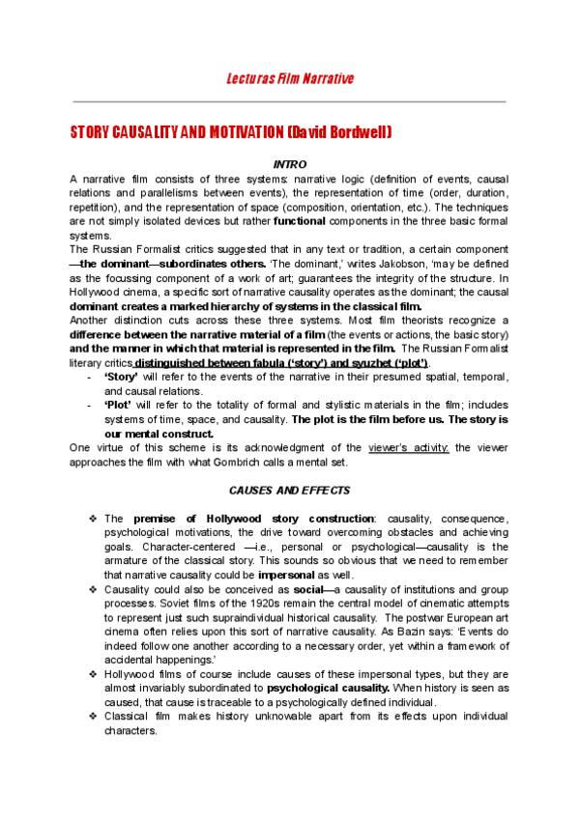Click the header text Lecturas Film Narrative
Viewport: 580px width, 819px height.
click(x=290, y=78)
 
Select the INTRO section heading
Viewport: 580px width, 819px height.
click(x=290, y=165)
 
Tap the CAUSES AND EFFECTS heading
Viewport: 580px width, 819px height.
click(x=289, y=491)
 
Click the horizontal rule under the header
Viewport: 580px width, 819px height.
click(x=290, y=100)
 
